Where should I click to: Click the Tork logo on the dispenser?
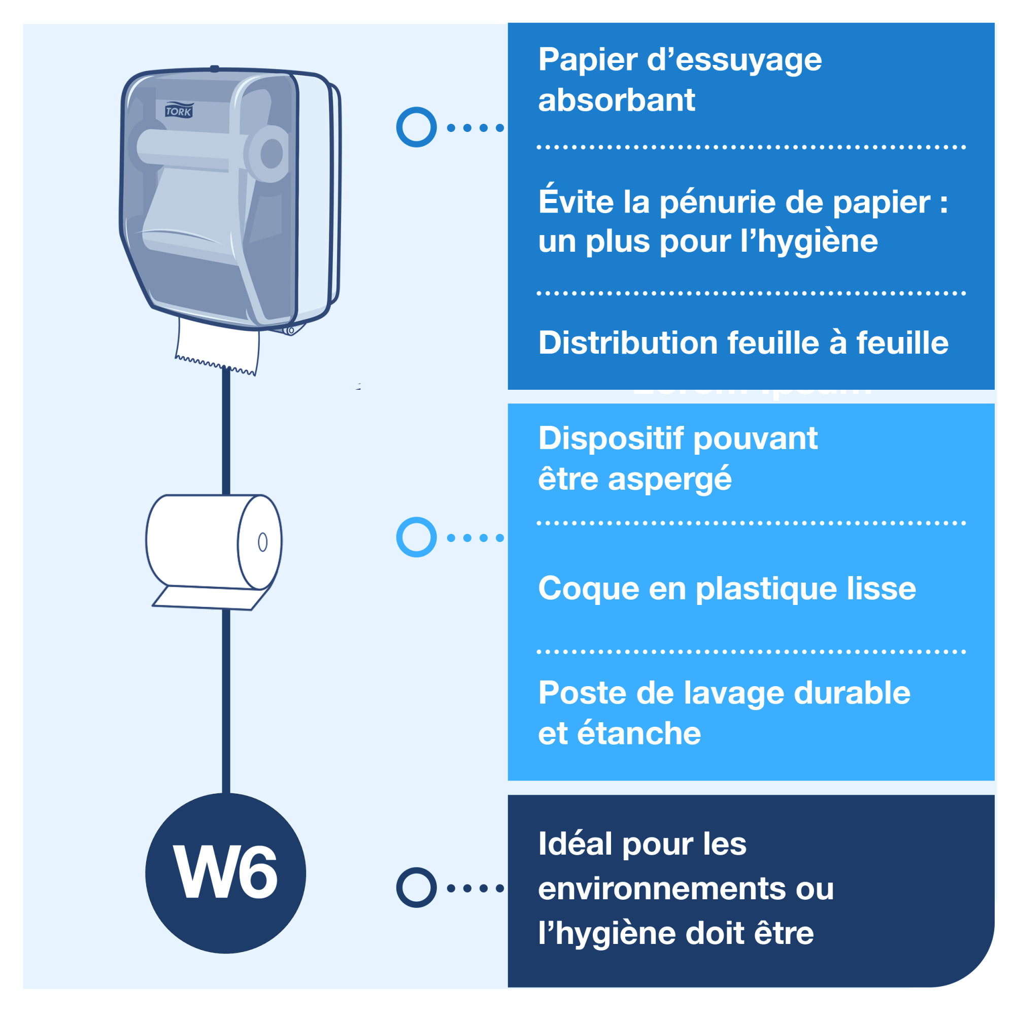(179, 110)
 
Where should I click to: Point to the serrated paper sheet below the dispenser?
(218, 346)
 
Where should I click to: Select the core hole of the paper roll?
(263, 542)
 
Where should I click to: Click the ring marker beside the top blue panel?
(416, 127)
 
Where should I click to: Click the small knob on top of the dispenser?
(214, 68)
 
